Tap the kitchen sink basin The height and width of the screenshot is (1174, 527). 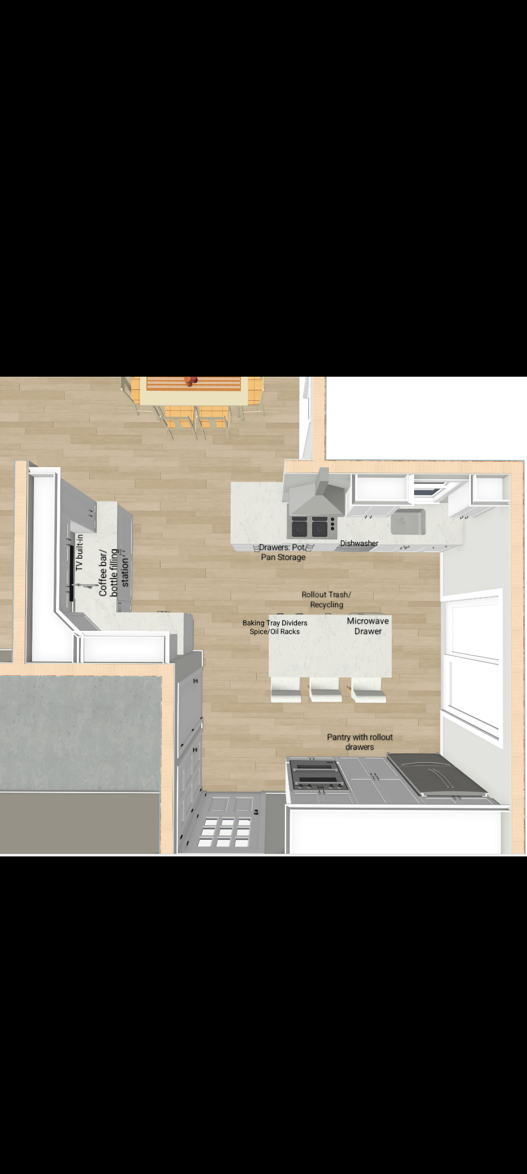click(x=408, y=521)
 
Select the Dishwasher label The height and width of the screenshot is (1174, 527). click(x=359, y=543)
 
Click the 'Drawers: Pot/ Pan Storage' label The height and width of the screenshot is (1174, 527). click(x=283, y=552)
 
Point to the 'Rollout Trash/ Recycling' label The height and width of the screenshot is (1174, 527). click(x=326, y=600)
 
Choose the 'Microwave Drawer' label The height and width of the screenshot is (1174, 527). click(x=368, y=626)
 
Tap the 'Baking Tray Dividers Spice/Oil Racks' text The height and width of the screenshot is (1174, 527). click(x=275, y=627)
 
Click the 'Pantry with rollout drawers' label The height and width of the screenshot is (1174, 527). click(x=360, y=742)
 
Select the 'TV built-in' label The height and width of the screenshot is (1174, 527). click(x=79, y=552)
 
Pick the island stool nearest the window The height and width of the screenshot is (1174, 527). click(x=369, y=689)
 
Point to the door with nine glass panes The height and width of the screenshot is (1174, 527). click(x=222, y=822)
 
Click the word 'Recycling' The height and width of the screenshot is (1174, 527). click(x=327, y=605)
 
